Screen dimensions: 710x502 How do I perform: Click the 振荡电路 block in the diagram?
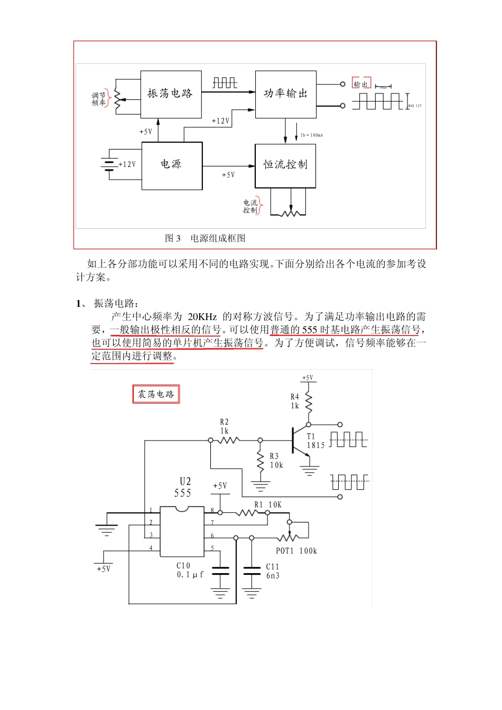click(x=171, y=94)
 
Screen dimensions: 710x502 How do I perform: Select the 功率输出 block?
click(x=285, y=94)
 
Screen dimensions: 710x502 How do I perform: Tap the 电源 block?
click(x=172, y=165)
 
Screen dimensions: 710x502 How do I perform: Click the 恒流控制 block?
click(x=285, y=165)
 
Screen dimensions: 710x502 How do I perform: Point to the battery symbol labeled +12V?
click(x=109, y=164)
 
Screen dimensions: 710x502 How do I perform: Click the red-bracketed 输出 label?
click(x=361, y=84)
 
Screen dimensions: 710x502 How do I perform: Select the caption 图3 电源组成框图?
click(x=205, y=238)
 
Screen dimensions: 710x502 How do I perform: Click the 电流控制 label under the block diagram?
click(x=250, y=207)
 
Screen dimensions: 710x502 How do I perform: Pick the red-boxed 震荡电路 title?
click(x=156, y=394)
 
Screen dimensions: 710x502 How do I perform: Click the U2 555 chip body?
click(x=182, y=531)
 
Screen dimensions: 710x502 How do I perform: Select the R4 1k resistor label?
click(x=295, y=401)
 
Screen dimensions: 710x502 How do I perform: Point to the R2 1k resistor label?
click(x=225, y=426)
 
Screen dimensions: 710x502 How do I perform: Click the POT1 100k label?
click(x=296, y=551)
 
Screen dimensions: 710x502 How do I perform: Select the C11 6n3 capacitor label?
click(x=273, y=571)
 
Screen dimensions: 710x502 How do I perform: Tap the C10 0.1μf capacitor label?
click(x=189, y=570)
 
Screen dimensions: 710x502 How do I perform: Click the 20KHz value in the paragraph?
click(x=202, y=317)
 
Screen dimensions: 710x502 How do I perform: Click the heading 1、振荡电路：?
click(x=108, y=303)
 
